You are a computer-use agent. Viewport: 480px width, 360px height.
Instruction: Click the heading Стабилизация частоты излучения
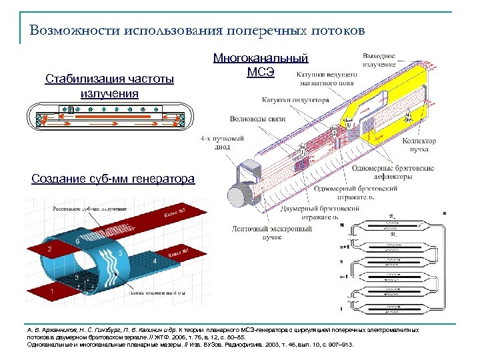[x=109, y=86]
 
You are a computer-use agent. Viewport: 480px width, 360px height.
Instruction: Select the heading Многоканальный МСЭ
[x=261, y=65]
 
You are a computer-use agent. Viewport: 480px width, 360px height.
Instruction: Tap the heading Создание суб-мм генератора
[x=113, y=178]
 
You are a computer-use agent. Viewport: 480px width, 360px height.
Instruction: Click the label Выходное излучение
[x=378, y=60]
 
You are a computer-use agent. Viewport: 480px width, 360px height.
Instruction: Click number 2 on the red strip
[x=49, y=249]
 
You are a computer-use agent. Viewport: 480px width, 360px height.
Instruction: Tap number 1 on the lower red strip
[x=52, y=292]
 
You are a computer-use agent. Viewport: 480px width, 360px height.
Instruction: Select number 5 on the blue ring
[x=119, y=253]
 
